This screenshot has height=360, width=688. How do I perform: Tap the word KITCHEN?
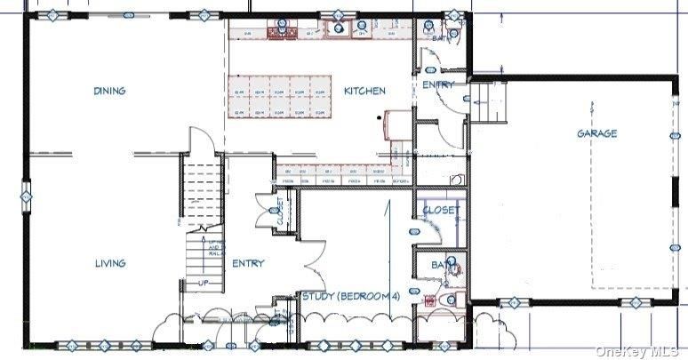click(x=364, y=91)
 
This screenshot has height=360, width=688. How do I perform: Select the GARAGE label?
click(x=596, y=133)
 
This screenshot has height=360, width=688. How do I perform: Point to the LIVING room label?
click(x=110, y=263)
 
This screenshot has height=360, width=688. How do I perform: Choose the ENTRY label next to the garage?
click(x=437, y=84)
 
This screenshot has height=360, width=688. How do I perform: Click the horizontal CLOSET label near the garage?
click(x=441, y=211)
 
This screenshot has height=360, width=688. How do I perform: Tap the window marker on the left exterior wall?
click(x=26, y=192)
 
